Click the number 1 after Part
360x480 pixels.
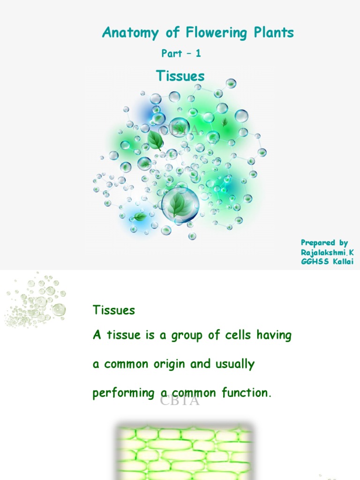point(198,53)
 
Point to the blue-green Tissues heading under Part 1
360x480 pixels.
point(180,76)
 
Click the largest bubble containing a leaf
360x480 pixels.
point(180,204)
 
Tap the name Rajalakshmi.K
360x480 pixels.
point(327,252)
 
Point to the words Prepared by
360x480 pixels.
point(324,243)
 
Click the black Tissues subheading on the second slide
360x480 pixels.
point(114,310)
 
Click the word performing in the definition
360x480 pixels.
point(123,394)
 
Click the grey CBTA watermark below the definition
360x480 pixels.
point(180,401)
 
